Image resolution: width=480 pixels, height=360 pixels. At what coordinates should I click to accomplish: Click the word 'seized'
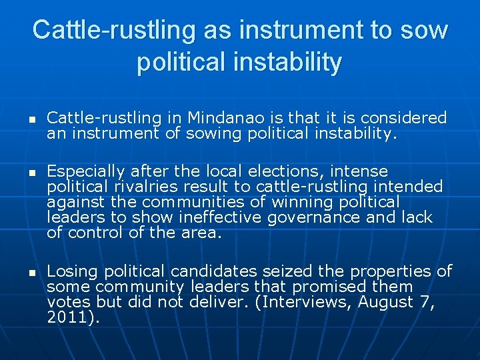coord(291,271)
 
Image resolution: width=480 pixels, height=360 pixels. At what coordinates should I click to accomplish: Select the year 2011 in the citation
coord(67,317)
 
